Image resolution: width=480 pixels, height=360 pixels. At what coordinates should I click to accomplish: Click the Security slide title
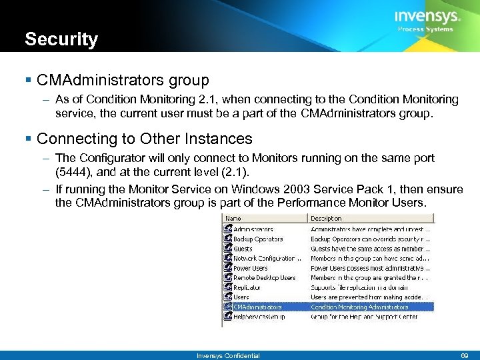[61, 39]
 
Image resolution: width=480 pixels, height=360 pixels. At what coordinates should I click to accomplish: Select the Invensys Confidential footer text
[228, 355]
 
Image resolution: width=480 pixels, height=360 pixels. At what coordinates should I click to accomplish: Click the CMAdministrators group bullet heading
[123, 81]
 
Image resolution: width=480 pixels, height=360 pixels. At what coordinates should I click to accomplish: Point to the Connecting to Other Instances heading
[145, 139]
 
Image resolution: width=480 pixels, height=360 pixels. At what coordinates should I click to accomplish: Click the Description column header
[326, 218]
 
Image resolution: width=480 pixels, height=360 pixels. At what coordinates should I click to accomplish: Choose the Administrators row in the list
[253, 229]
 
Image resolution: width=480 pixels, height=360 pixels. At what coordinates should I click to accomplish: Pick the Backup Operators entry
[258, 239]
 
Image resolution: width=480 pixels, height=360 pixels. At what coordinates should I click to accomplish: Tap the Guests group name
[243, 249]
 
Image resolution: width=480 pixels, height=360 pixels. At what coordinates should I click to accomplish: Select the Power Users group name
[251, 268]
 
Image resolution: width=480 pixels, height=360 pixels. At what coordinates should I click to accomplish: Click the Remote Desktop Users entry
[264, 277]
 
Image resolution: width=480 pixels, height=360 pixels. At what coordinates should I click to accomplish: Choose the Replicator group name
[247, 287]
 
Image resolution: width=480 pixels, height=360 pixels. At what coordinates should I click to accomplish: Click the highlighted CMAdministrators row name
[257, 307]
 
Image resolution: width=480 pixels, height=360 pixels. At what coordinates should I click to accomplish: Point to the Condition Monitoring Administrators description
[359, 307]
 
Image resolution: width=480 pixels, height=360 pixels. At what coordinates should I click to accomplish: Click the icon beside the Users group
[228, 297]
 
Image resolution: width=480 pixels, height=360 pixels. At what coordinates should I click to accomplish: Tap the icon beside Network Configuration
[228, 258]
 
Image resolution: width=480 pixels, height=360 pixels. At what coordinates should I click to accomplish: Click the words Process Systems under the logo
[425, 29]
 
